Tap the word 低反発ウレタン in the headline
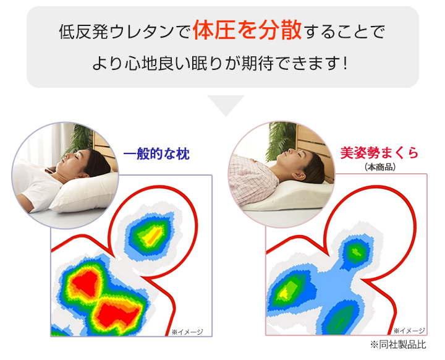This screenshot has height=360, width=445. tap(116, 32)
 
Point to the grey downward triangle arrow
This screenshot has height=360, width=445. tap(226, 105)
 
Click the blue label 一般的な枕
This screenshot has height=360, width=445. tap(156, 154)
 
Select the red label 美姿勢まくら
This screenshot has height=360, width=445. tap(379, 153)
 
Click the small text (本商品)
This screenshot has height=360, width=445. tap(380, 167)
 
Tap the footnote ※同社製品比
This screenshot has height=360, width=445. tap(398, 345)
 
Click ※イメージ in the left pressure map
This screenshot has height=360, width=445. tap(187, 332)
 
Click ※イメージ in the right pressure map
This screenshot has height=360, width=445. tap(409, 331)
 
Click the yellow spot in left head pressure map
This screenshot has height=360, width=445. tap(153, 236)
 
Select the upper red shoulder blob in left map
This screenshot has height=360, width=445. tap(85, 283)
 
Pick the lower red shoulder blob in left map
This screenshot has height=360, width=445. tap(117, 314)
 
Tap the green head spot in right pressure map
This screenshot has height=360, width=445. tap(356, 251)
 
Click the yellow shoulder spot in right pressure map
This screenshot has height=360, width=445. tap(283, 293)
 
